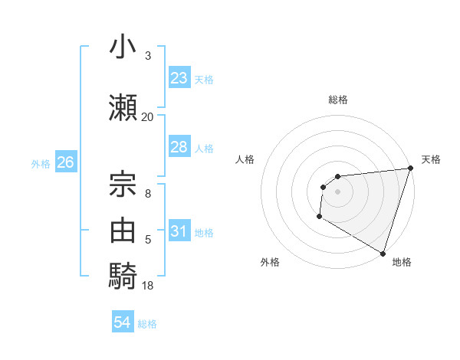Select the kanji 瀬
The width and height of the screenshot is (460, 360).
click(124, 106)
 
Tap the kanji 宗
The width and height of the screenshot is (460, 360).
click(124, 181)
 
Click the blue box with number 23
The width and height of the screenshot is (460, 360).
click(179, 78)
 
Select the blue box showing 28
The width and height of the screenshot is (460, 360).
click(179, 147)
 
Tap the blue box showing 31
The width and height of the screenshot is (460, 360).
click(179, 231)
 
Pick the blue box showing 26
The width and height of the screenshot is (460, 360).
click(65, 162)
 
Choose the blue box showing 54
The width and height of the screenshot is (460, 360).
click(123, 323)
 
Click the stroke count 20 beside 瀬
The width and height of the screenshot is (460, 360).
click(147, 117)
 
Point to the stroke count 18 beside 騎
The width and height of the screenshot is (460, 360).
click(147, 286)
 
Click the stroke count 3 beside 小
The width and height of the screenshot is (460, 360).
click(147, 56)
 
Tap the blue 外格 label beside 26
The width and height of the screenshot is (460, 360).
click(41, 163)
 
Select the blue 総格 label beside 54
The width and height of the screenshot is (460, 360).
click(147, 324)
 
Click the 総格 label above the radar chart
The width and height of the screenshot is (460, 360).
click(337, 100)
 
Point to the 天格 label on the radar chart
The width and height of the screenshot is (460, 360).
click(431, 159)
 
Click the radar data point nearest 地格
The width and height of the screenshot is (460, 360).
click(383, 253)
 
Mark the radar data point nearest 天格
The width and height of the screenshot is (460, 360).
click(410, 169)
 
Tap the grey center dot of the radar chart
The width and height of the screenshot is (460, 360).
click(337, 191)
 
